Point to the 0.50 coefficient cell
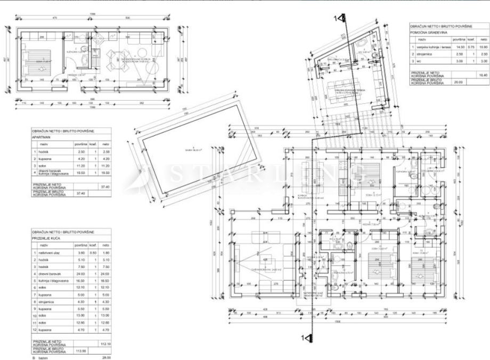click(92, 252)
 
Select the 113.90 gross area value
click(80, 351)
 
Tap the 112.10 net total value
click(105, 344)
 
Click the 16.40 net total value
click(483, 75)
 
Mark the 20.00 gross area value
click(457, 82)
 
